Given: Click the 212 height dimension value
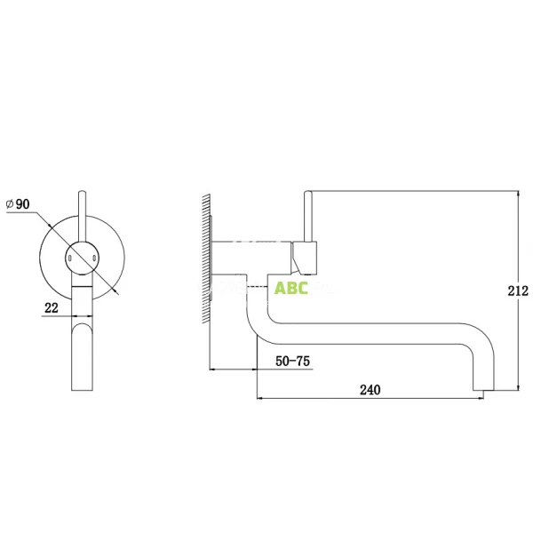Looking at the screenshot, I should point(519,290).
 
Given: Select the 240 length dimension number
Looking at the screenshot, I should point(370,389).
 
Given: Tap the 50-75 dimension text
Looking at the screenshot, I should point(293,361).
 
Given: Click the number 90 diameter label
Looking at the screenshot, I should point(22,204).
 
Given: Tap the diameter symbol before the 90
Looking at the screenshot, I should point(9,204).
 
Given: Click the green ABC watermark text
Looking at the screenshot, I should point(291,288).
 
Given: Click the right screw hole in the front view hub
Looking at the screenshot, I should point(93,257).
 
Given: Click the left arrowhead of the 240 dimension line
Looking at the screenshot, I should point(259,398).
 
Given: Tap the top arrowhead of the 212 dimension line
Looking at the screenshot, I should point(518,193).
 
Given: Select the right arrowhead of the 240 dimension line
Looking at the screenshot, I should point(481,398).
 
